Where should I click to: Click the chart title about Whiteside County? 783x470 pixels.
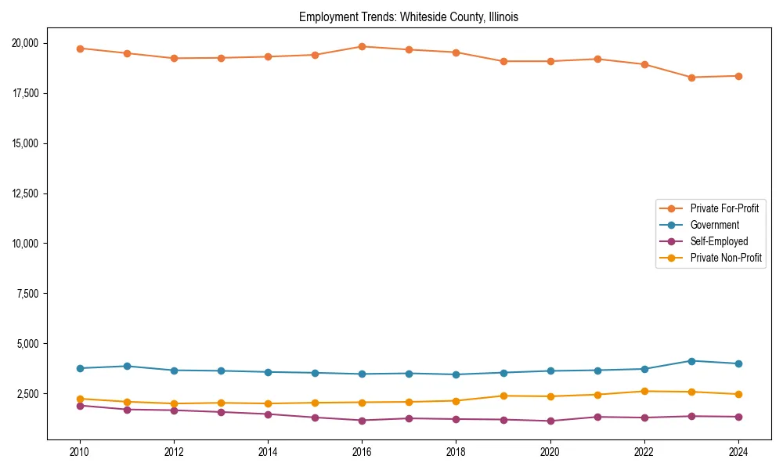pyautogui.click(x=409, y=16)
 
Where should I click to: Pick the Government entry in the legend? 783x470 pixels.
pyautogui.click(x=714, y=225)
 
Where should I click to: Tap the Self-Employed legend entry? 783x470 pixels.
pyautogui.click(x=719, y=241)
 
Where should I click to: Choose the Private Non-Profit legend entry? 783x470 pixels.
pyautogui.click(x=726, y=258)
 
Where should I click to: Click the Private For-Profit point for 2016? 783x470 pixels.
pyautogui.click(x=362, y=46)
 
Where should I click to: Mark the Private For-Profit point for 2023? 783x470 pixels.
pyautogui.click(x=691, y=78)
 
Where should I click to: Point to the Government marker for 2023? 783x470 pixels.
pyautogui.click(x=691, y=361)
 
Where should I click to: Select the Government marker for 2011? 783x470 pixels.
pyautogui.click(x=127, y=366)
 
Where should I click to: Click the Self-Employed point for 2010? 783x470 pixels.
pyautogui.click(x=80, y=406)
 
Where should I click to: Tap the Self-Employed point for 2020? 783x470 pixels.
pyautogui.click(x=550, y=421)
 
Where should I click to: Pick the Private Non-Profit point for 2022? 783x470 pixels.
pyautogui.click(x=644, y=391)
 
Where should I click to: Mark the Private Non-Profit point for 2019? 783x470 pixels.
pyautogui.click(x=503, y=396)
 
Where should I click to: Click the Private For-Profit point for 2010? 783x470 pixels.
pyautogui.click(x=80, y=49)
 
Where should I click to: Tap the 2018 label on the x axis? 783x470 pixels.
pyautogui.click(x=456, y=452)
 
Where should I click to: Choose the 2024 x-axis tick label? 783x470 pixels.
pyautogui.click(x=738, y=452)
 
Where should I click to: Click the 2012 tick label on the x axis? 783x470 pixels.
pyautogui.click(x=174, y=452)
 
